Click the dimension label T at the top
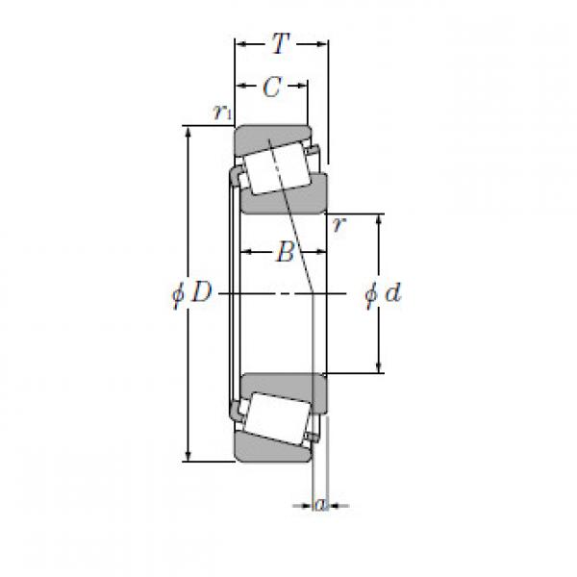(x=280, y=43)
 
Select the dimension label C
(x=272, y=88)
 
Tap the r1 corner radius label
(x=222, y=113)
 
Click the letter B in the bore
(x=284, y=253)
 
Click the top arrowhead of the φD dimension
(x=188, y=131)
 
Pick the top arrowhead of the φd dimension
(x=379, y=218)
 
